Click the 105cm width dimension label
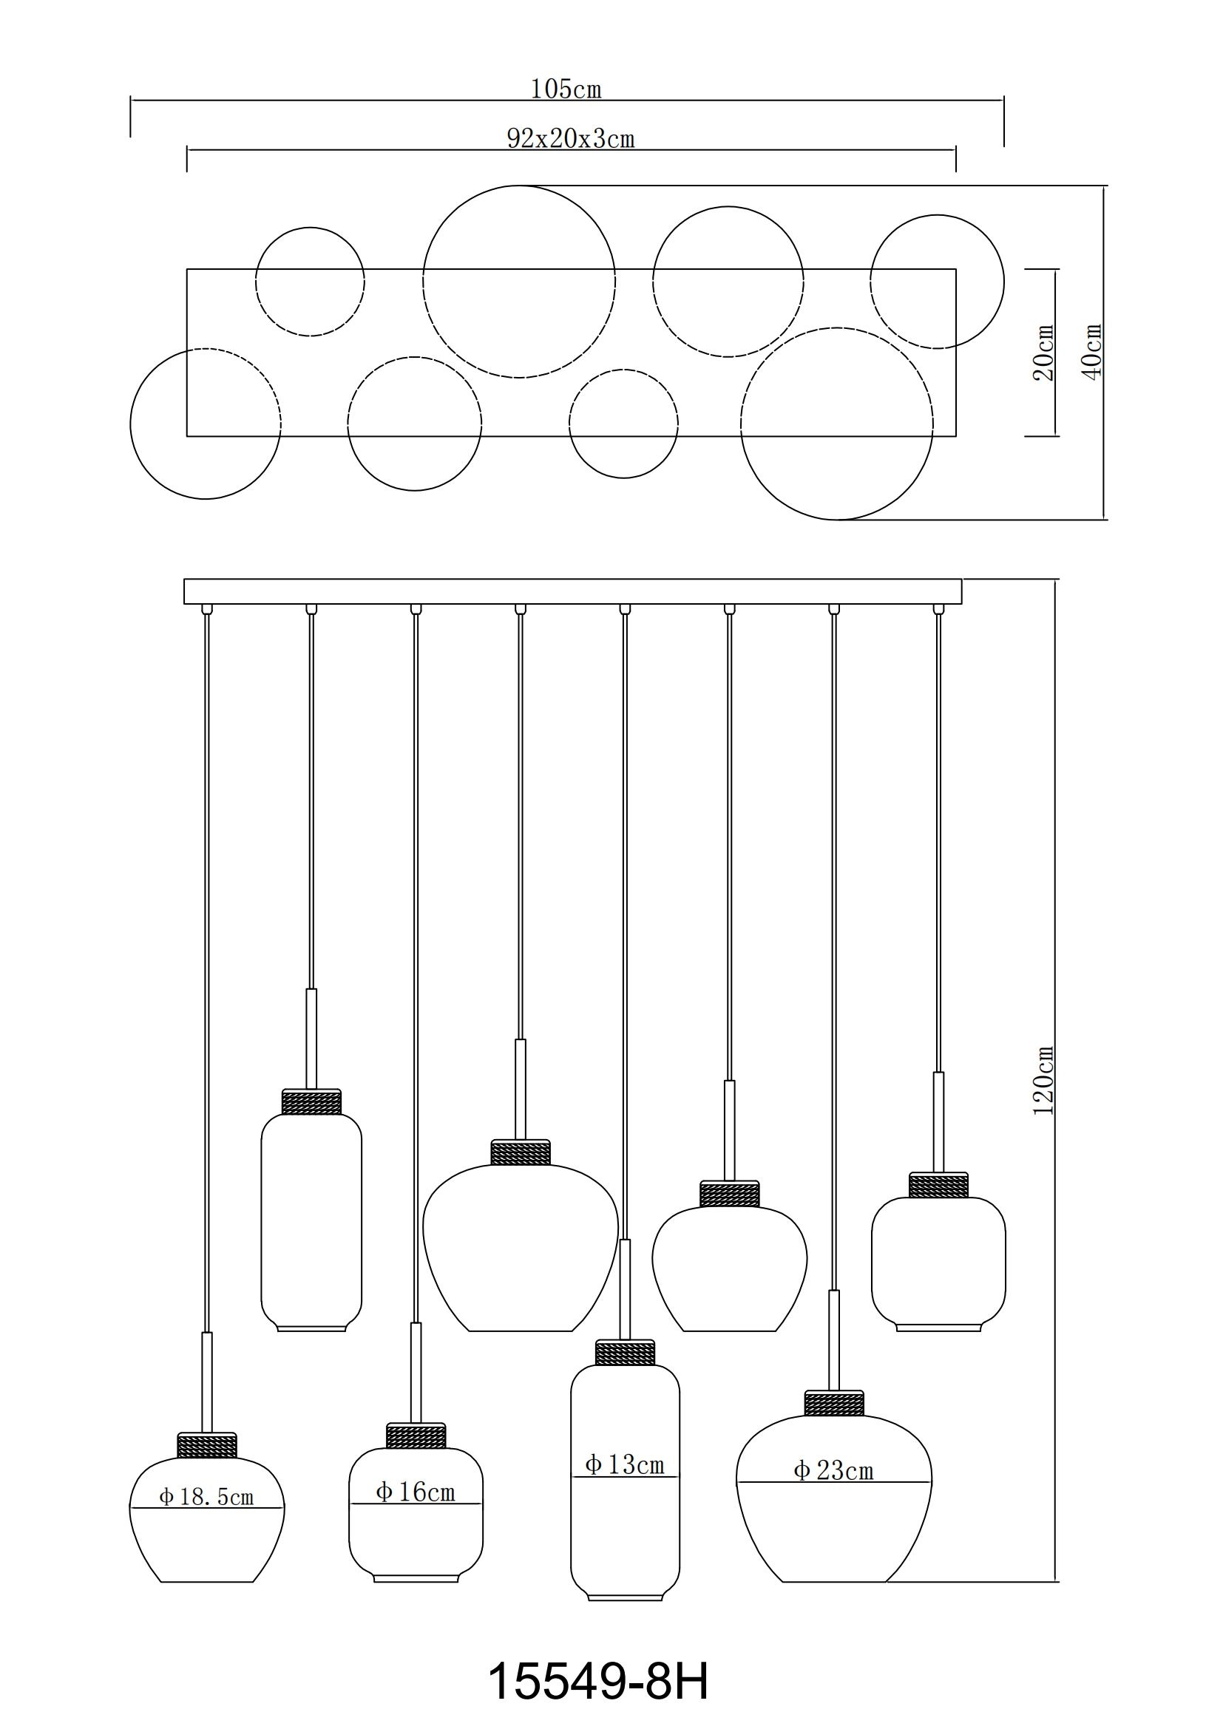point(566,89)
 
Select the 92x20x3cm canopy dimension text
point(571,139)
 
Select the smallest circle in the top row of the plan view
point(311,282)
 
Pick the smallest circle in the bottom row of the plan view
point(623,424)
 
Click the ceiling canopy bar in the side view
point(573,591)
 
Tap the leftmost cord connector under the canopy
point(207,608)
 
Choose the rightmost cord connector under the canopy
point(938,608)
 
